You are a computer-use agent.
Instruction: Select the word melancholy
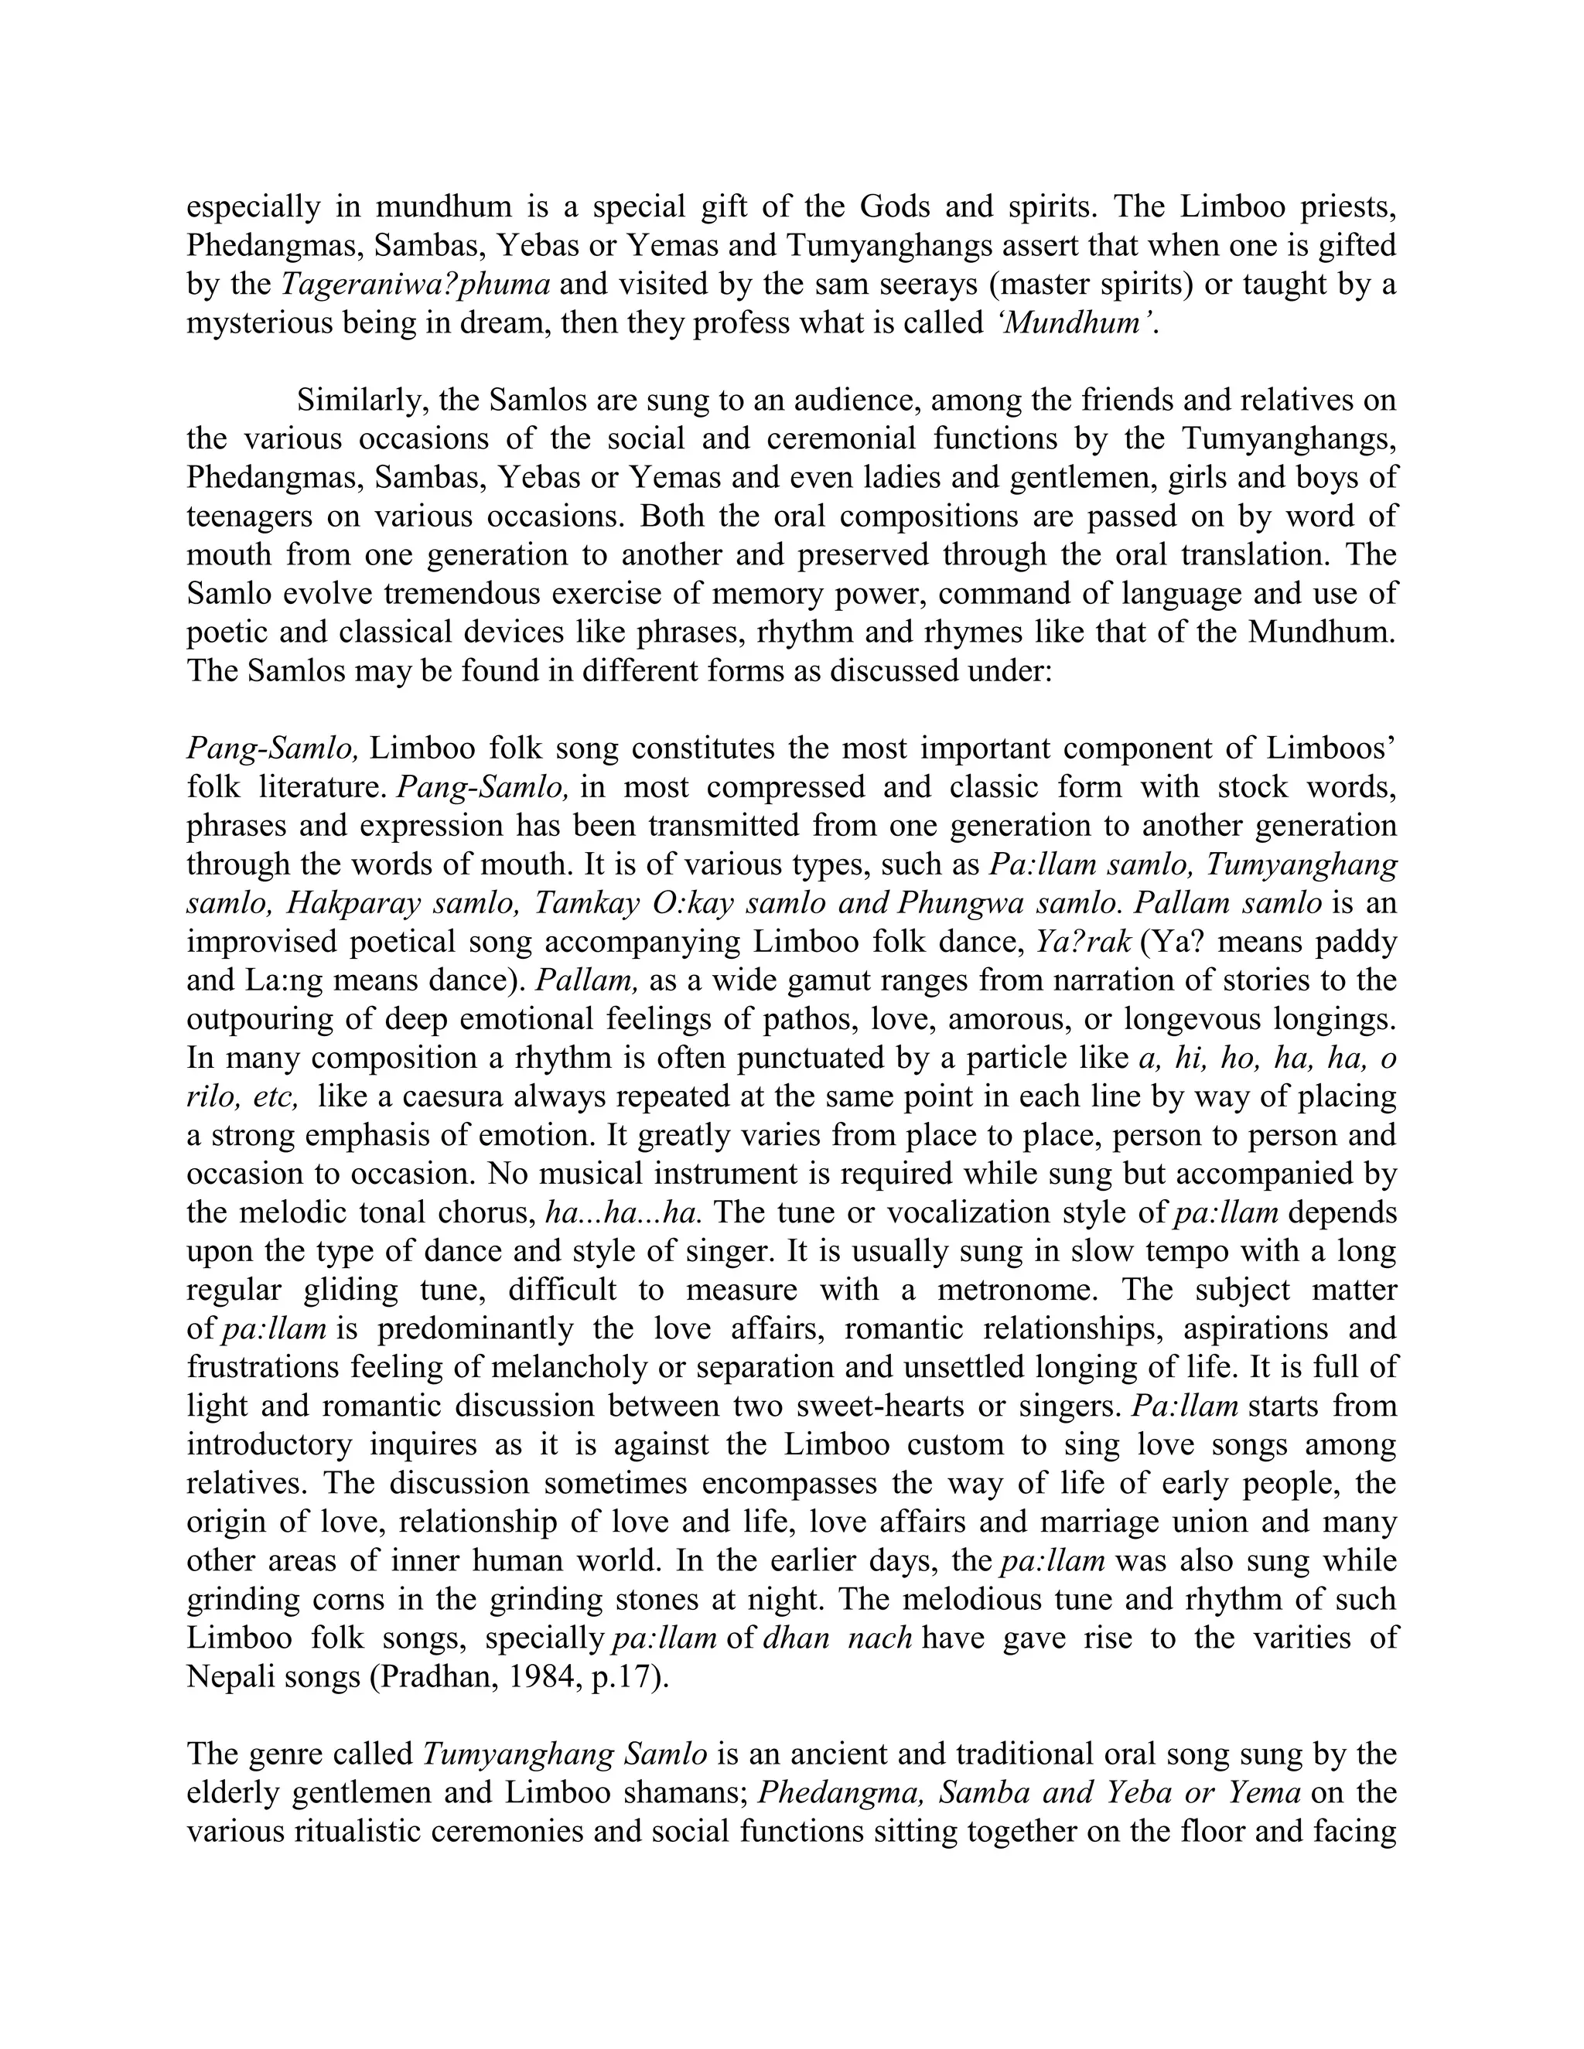[x=562, y=1367]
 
